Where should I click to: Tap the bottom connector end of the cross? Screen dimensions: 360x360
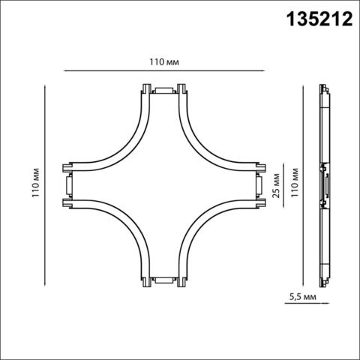tap(161, 281)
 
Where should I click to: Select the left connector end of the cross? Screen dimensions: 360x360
tap(67, 186)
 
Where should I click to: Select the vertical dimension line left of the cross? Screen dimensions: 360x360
tap(47, 225)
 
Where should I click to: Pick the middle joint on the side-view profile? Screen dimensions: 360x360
tap(325, 185)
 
